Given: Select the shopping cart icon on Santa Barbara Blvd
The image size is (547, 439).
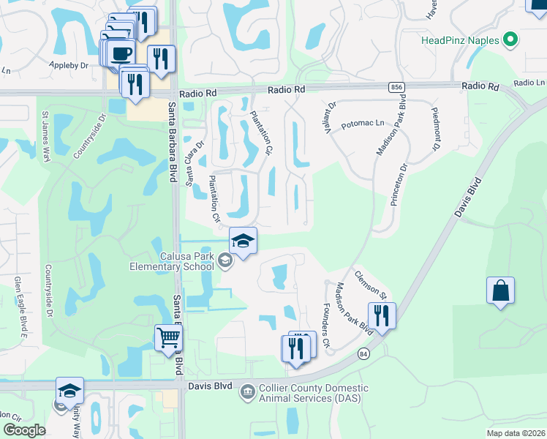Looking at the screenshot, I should [167, 339].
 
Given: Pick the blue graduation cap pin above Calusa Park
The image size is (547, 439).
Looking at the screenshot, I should [243, 240].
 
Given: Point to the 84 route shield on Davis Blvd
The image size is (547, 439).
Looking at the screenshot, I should [363, 354].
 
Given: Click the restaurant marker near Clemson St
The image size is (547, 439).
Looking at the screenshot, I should [382, 315].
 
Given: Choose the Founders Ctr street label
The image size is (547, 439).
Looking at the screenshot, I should [326, 312].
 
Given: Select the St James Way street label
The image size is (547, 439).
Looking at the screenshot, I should [45, 136].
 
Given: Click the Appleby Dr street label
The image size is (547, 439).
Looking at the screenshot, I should [88, 64].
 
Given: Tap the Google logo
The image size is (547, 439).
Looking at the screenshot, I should [24, 429].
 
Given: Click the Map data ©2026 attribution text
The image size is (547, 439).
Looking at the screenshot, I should [515, 433].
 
